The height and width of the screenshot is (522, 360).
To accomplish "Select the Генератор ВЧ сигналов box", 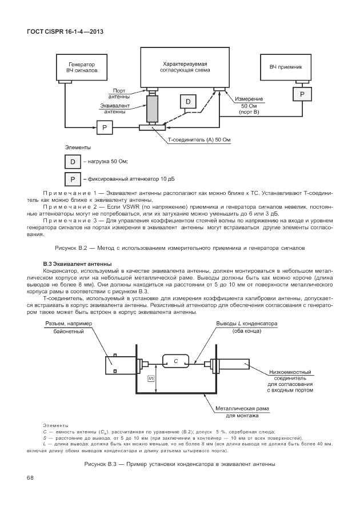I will point(81,67).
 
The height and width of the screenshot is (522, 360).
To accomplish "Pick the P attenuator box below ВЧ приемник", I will point(303,92).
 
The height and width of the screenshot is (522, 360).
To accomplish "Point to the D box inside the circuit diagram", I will point(188,102).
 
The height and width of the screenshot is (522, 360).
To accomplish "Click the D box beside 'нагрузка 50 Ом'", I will point(72,162).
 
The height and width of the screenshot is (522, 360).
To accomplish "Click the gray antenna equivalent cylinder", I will point(152,109).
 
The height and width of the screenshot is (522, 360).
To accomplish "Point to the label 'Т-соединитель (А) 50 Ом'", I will point(198,140).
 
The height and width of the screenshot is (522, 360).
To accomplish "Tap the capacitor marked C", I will point(177,361).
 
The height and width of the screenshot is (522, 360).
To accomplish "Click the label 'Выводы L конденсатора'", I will point(246,324).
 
